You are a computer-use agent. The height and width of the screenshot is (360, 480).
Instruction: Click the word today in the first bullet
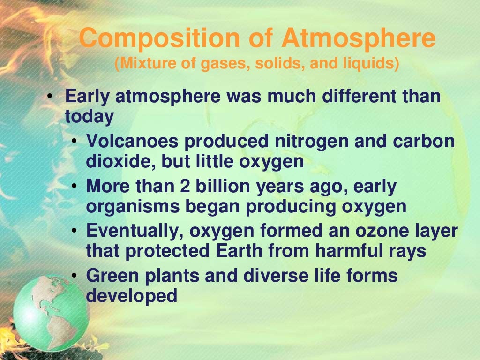coord(89,117)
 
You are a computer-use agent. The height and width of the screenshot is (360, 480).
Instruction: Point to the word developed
coord(132,296)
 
